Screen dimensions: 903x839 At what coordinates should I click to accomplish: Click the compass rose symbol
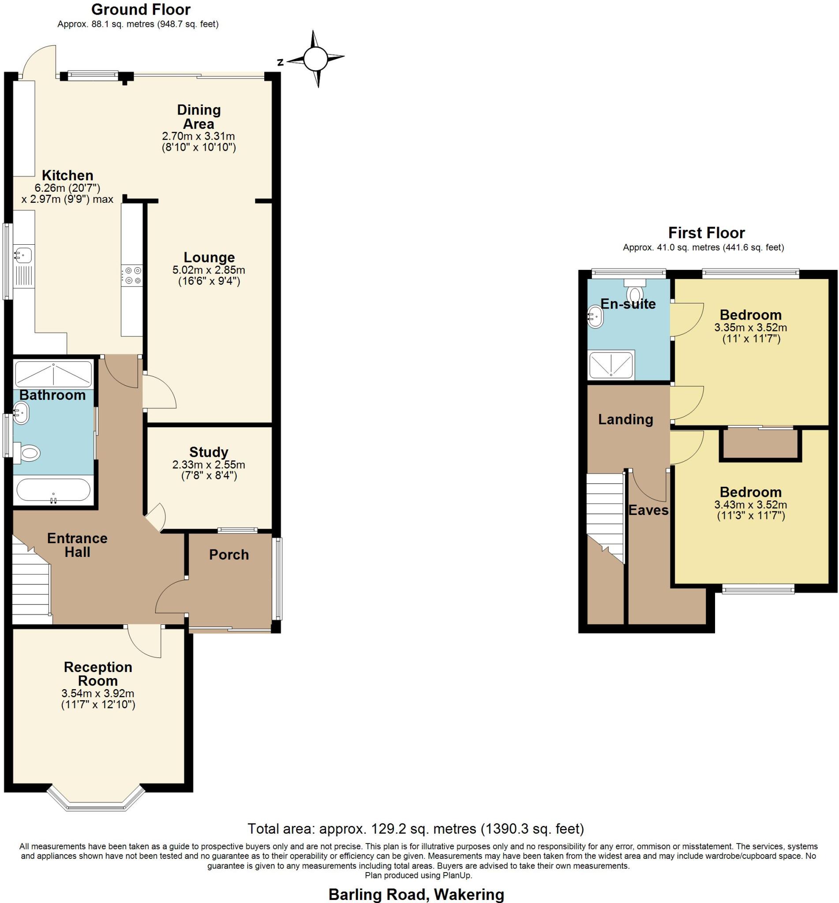[315, 59]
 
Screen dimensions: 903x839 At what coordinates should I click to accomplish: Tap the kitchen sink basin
[22, 254]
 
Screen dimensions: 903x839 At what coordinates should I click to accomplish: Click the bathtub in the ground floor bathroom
[53, 490]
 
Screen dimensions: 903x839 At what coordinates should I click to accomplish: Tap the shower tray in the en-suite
[611, 364]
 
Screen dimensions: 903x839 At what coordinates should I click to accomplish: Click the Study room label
[208, 452]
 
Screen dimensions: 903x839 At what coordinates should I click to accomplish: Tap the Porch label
[229, 555]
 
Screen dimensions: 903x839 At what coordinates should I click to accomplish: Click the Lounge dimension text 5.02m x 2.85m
[208, 270]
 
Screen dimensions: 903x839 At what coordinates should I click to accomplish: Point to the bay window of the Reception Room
[96, 802]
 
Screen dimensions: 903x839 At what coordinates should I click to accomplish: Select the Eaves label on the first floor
[648, 510]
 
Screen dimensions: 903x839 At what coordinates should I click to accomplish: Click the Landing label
[625, 419]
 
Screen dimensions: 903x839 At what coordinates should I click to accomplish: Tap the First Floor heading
[706, 233]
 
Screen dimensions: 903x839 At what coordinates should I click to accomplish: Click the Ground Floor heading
[141, 9]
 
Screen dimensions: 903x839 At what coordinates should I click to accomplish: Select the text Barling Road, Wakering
[416, 894]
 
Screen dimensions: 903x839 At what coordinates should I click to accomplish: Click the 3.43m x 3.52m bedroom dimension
[750, 504]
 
